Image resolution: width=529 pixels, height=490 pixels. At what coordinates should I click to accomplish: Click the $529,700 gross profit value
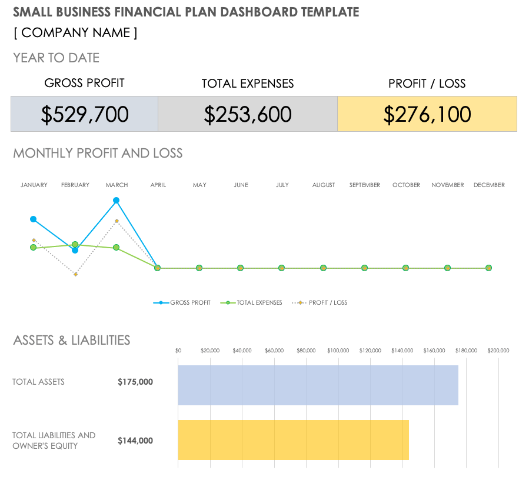[85, 114]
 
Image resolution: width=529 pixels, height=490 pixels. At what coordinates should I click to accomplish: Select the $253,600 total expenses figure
[248, 114]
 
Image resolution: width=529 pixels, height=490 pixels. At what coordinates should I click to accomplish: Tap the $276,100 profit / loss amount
[427, 114]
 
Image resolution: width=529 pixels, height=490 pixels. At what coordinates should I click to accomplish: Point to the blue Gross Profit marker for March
[117, 201]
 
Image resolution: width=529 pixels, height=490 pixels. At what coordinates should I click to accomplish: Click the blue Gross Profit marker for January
[34, 219]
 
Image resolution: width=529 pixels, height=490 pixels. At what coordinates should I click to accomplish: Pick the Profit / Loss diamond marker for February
[75, 275]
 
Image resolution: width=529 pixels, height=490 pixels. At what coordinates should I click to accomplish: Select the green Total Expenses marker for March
[117, 248]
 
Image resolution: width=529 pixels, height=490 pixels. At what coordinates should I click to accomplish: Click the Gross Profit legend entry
[182, 303]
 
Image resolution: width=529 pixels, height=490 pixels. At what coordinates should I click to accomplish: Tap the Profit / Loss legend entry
[320, 303]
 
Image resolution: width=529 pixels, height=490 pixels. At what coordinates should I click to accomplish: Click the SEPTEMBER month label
[365, 185]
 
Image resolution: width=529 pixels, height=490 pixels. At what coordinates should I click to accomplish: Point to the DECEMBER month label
[489, 185]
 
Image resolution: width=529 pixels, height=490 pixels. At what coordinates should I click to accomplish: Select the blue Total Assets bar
[318, 385]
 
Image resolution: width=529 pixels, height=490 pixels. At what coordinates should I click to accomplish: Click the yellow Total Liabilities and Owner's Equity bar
[293, 439]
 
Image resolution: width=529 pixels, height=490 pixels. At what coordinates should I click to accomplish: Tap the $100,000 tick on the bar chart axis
[338, 351]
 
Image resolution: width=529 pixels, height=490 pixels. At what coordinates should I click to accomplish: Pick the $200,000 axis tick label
[498, 351]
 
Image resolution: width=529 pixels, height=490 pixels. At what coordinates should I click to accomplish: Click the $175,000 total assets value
[135, 382]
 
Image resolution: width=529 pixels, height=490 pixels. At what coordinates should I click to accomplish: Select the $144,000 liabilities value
[135, 441]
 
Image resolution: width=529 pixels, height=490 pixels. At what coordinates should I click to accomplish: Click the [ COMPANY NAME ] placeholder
[75, 33]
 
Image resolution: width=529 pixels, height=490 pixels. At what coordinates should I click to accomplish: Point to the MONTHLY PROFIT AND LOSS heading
[98, 154]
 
